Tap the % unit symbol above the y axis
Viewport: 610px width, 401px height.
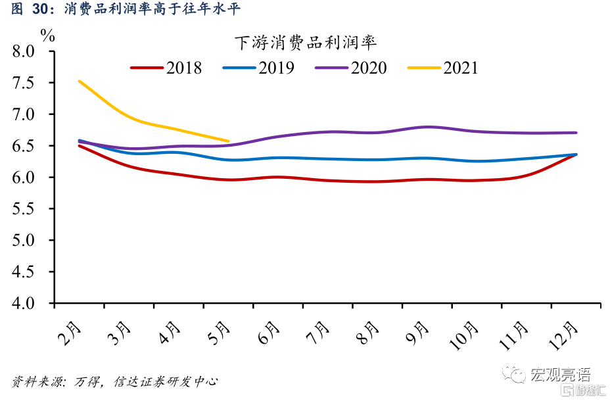(x=48, y=35)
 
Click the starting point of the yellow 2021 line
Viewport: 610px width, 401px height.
(x=79, y=81)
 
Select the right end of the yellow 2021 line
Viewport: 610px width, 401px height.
(x=228, y=141)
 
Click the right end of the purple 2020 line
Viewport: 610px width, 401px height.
(x=576, y=133)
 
